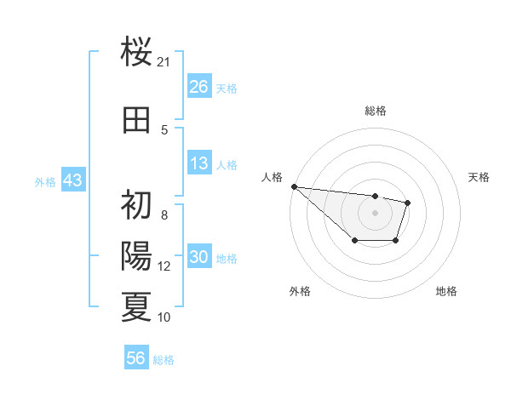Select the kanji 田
[137, 120]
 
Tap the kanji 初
[137, 204]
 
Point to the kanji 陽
[137, 255]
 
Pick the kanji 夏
[137, 306]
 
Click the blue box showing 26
[199, 87]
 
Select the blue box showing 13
[199, 164]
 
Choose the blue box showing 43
[72, 180]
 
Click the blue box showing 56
[136, 358]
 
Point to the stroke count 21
[164, 62]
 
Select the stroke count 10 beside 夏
[164, 317]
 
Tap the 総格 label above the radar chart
[375, 111]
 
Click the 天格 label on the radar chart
[479, 177]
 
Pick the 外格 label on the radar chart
[299, 291]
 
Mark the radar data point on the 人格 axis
[294, 186]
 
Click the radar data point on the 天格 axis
[408, 203]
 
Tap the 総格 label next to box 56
[164, 360]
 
